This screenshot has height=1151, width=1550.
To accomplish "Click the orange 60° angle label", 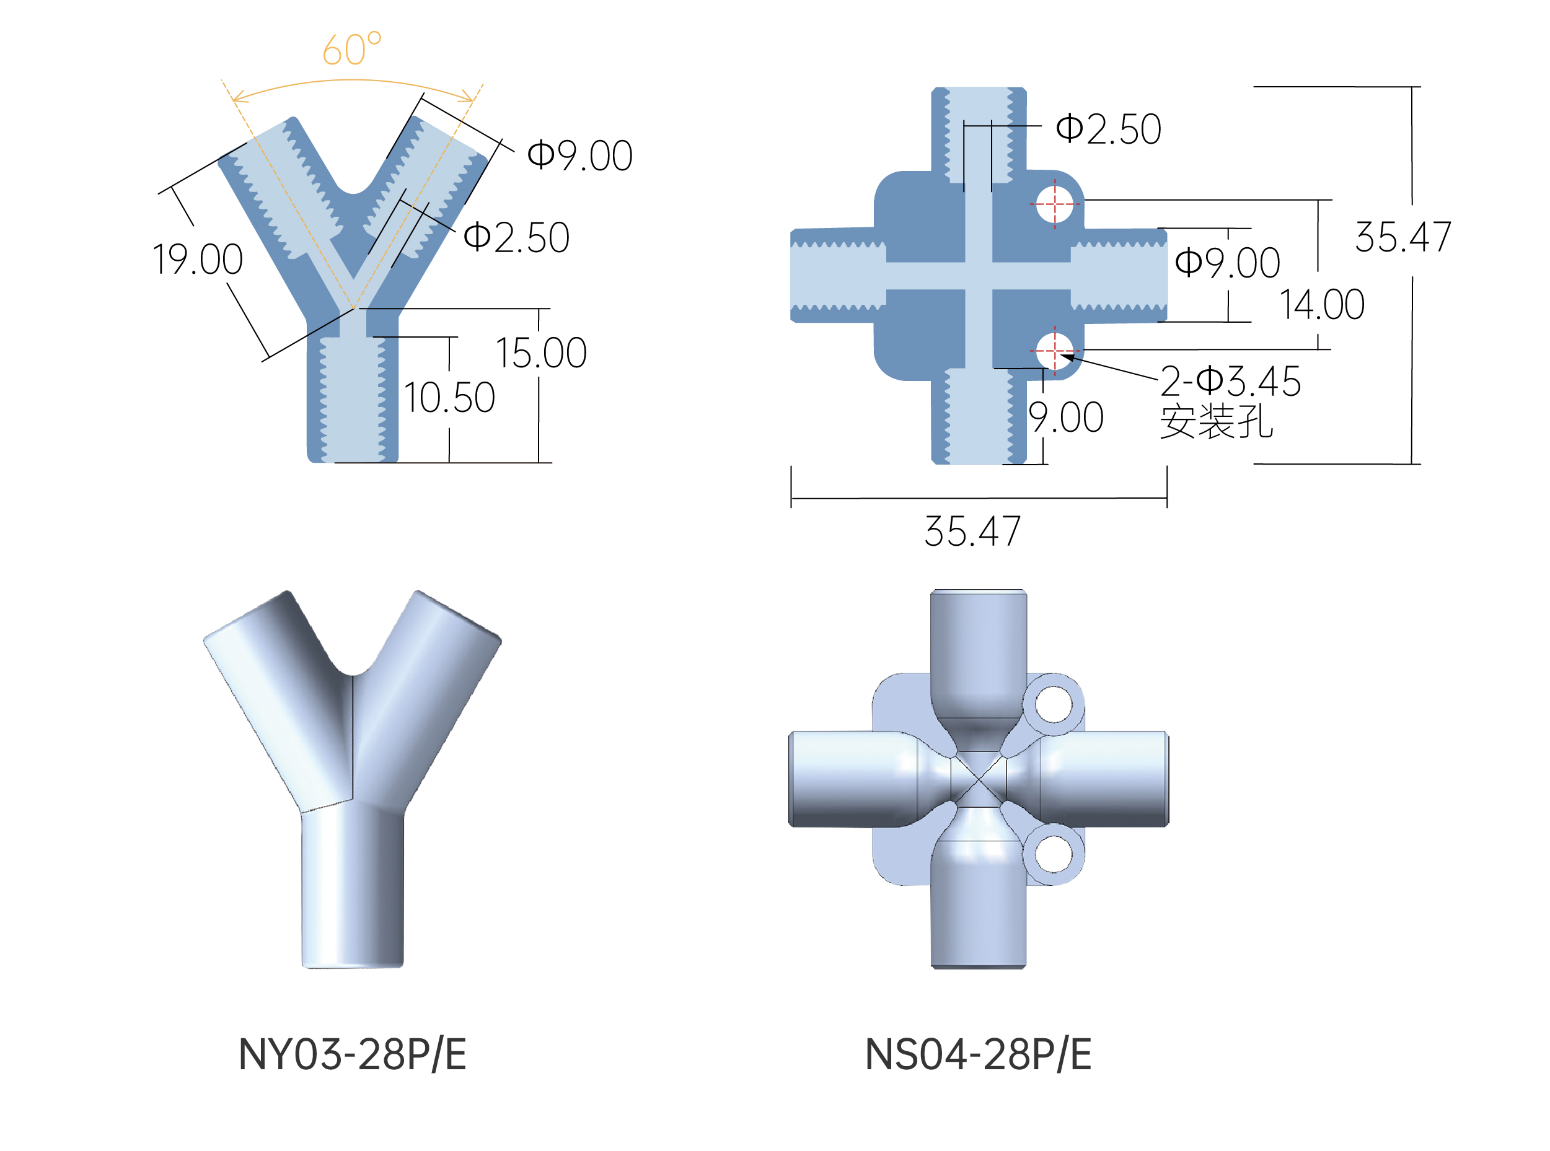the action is (x=351, y=49).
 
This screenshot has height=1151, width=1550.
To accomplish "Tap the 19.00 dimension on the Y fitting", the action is (x=197, y=259).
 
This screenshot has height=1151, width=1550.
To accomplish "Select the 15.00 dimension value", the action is (x=541, y=352).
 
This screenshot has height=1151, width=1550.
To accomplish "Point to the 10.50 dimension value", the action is (x=449, y=397).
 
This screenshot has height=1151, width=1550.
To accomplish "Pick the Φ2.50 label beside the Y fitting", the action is (x=516, y=237).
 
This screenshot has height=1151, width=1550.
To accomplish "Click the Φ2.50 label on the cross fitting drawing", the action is (x=1108, y=129).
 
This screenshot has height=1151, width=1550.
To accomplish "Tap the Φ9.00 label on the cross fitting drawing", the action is (x=1227, y=263).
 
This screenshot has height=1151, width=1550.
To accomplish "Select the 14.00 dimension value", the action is (x=1321, y=304).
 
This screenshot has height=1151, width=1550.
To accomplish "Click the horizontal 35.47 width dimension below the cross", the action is (x=972, y=531).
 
